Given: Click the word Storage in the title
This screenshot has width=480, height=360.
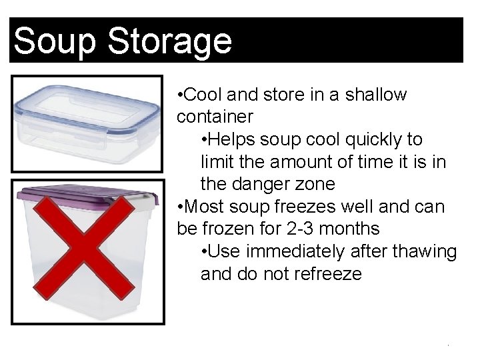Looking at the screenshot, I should (169, 41).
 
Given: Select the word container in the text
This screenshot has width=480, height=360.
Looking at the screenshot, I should (215, 117).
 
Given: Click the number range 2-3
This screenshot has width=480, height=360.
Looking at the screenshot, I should (296, 229).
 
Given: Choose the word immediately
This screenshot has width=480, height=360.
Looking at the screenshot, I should (295, 252).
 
